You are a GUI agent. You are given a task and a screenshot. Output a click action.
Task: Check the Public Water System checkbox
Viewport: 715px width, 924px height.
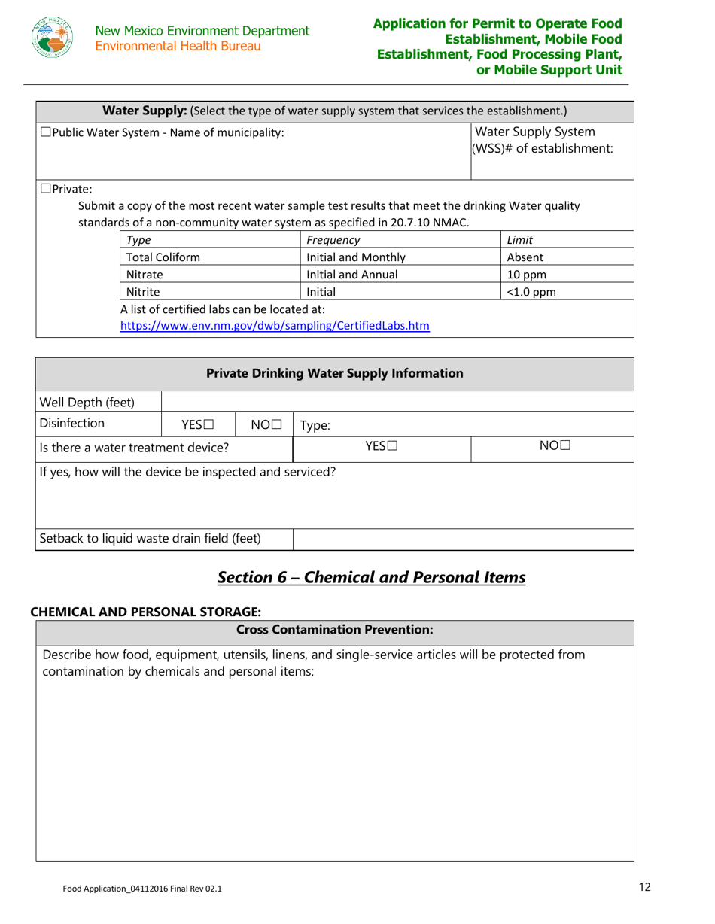(x=45, y=133)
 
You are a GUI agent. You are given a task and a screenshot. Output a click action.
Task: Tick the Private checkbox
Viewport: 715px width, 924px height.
(x=45, y=189)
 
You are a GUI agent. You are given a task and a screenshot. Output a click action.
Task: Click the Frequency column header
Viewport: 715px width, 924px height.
(x=333, y=240)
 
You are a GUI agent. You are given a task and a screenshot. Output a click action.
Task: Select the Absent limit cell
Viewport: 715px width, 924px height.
(x=527, y=257)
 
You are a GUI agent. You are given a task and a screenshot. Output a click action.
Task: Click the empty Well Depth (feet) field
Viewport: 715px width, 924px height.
(x=397, y=401)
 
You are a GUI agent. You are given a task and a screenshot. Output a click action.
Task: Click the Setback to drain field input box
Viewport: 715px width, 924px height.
(x=463, y=539)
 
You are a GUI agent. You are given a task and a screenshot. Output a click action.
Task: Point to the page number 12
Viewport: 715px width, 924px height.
(x=644, y=887)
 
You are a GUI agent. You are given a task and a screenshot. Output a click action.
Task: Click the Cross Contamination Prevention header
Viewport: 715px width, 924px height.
(x=334, y=629)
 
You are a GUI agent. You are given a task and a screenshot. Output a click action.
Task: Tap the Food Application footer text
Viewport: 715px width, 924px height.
(x=142, y=889)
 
